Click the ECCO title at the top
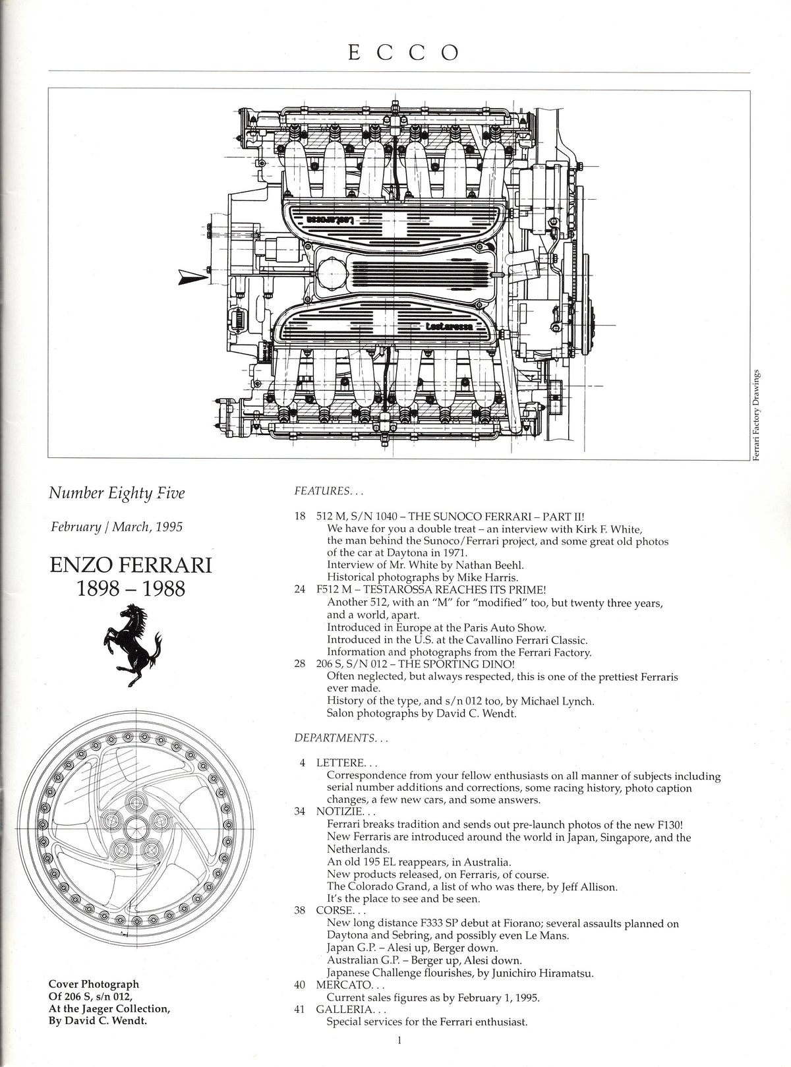coord(403,53)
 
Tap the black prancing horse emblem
coord(132,645)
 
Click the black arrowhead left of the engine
coord(193,277)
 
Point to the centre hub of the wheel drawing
coord(136,828)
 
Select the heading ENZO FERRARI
coord(131,565)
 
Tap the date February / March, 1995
coord(117,527)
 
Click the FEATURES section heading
coord(329,491)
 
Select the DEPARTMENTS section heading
coord(341,737)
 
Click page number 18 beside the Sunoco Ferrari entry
coord(300,517)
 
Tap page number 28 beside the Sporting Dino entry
coord(300,664)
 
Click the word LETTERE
coord(340,763)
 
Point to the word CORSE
coord(334,910)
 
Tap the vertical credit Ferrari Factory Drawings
coord(756,415)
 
